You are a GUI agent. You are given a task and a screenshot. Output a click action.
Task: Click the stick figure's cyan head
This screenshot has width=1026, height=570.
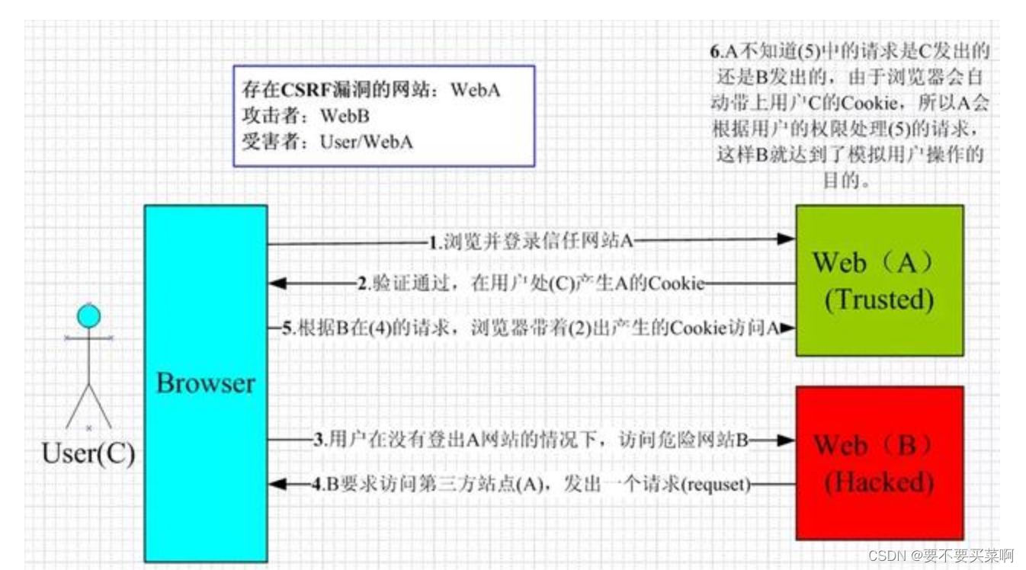[89, 315]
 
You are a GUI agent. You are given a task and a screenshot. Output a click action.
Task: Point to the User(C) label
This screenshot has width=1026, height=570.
[88, 453]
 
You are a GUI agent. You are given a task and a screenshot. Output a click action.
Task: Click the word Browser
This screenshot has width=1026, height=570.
[206, 383]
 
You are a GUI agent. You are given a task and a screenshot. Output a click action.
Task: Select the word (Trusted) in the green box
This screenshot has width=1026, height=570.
[879, 299]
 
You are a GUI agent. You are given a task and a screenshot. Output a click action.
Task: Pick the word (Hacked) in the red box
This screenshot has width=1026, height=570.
[879, 482]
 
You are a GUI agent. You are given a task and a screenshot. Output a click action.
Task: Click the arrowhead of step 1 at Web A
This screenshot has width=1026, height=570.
[787, 239]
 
